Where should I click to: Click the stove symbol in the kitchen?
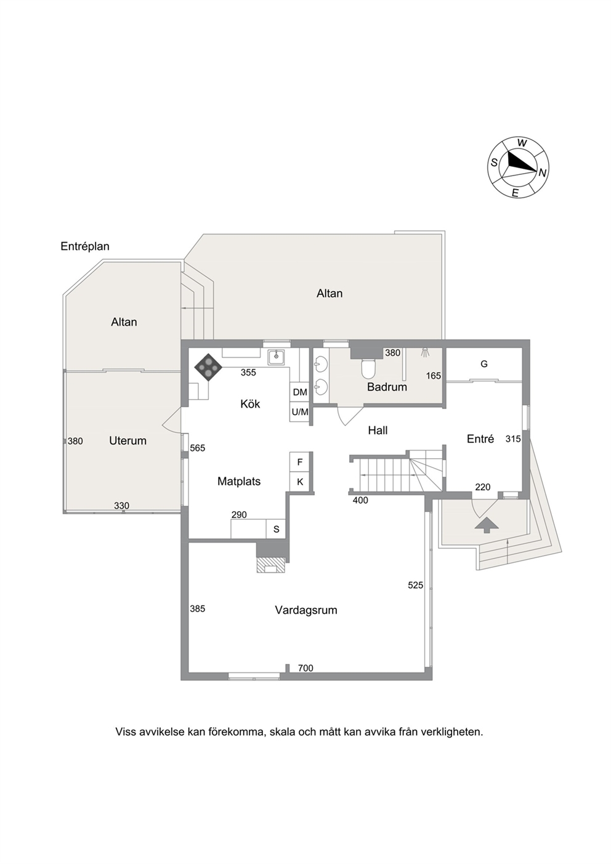coord(208,367)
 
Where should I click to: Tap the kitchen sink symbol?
coord(277,357)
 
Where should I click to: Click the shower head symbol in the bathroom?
coord(425,352)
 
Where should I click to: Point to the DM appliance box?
coord(300,392)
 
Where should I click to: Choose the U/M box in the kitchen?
coord(300,412)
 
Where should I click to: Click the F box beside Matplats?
coord(300,462)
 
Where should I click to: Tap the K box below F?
coord(300,482)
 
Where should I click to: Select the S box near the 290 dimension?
coord(276,529)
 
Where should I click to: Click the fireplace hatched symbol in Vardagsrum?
coord(272,565)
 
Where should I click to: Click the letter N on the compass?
coord(542,173)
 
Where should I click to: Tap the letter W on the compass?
coord(522,143)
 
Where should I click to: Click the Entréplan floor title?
coord(85,246)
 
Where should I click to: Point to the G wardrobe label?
coord(484,364)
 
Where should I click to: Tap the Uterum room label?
coord(127,441)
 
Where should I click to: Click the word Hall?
coord(378,430)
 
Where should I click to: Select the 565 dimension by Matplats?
coord(198,448)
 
